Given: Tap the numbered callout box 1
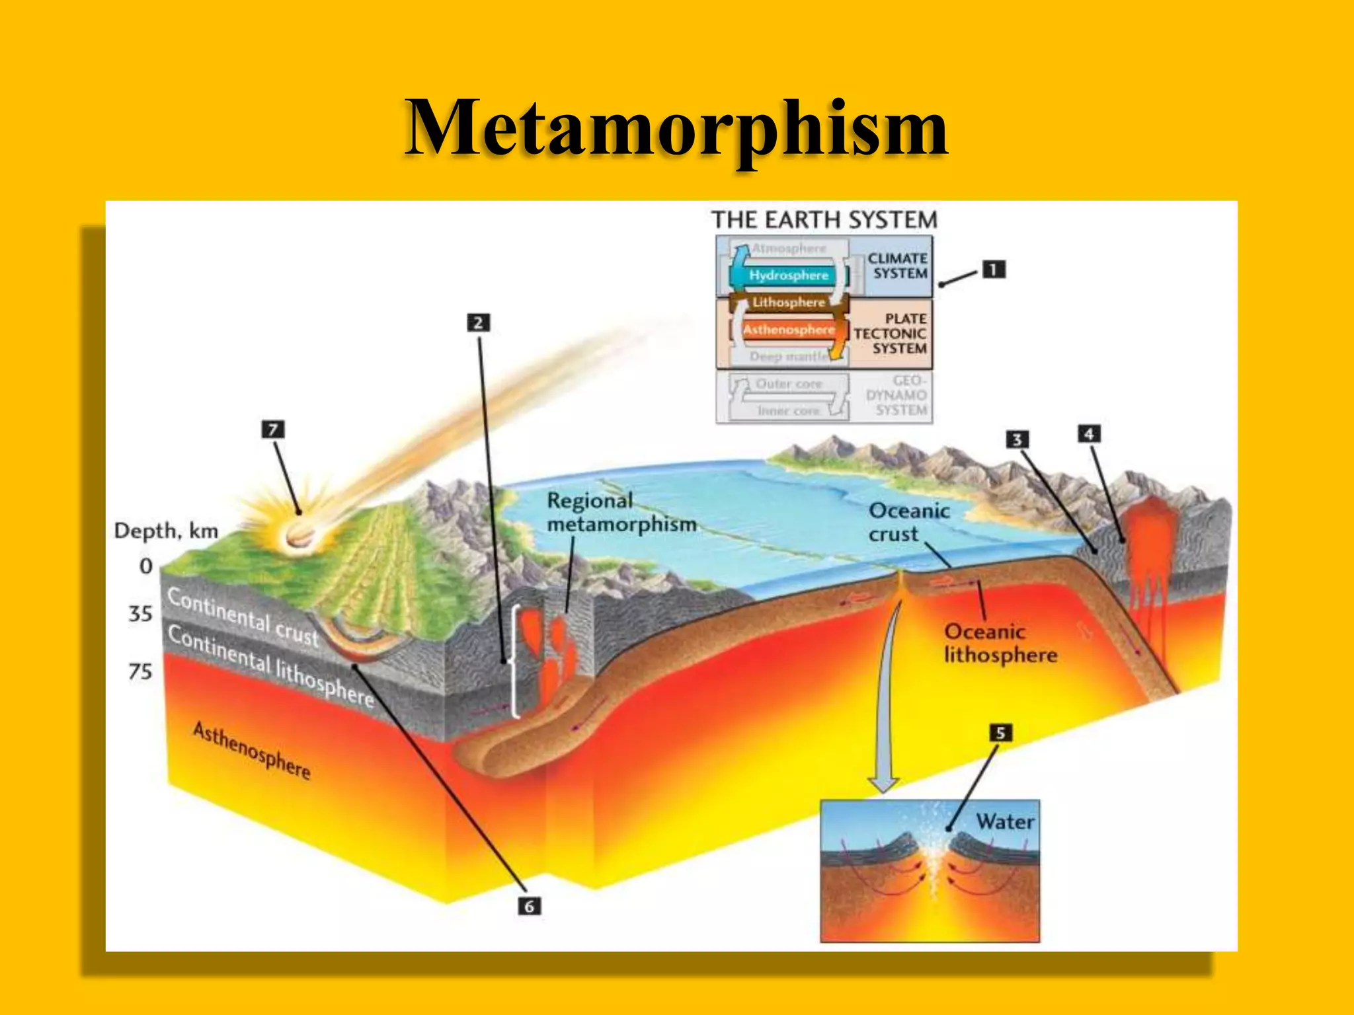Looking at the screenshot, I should pyautogui.click(x=993, y=270).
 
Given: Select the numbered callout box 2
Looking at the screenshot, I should pyautogui.click(x=478, y=322).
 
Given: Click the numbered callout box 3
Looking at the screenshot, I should pyautogui.click(x=1017, y=439).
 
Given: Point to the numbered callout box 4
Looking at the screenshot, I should pyautogui.click(x=1089, y=434).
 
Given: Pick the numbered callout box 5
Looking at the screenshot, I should pyautogui.click(x=1000, y=733).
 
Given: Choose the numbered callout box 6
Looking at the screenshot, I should pyautogui.click(x=529, y=906).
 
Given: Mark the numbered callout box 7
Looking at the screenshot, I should pyautogui.click(x=273, y=430).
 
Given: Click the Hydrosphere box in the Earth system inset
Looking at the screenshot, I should pyautogui.click(x=788, y=276).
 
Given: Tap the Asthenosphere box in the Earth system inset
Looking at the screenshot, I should pyautogui.click(x=788, y=330).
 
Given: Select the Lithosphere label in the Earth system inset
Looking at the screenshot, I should pyautogui.click(x=789, y=303).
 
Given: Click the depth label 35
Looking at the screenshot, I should pyautogui.click(x=140, y=614).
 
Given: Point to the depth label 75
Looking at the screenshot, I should pyautogui.click(x=140, y=671).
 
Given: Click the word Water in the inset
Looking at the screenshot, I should pyautogui.click(x=1005, y=821).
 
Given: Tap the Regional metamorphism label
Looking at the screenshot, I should pyautogui.click(x=621, y=512).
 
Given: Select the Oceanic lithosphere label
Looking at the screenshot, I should pyautogui.click(x=1000, y=643).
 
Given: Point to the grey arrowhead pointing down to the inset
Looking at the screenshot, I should pyautogui.click(x=883, y=784).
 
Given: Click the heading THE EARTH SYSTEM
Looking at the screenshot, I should pyautogui.click(x=824, y=219).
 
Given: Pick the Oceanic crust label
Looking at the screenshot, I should pyautogui.click(x=908, y=522).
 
